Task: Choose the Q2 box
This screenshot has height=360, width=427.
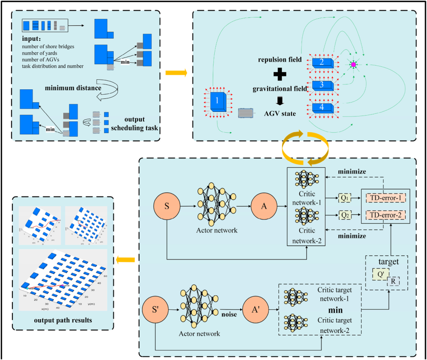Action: (345, 215)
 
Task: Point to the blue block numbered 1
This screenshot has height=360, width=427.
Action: (217, 100)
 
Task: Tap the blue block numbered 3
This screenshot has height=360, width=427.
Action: (322, 85)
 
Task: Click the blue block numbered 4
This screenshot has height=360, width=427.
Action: (322, 107)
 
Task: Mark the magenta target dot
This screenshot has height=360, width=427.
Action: (353, 65)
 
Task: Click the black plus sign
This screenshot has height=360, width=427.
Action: (280, 75)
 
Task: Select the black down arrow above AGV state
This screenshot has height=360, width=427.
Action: (280, 101)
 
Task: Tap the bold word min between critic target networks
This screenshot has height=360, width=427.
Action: (335, 310)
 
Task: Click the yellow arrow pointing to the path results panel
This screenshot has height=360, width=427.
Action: (125, 260)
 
